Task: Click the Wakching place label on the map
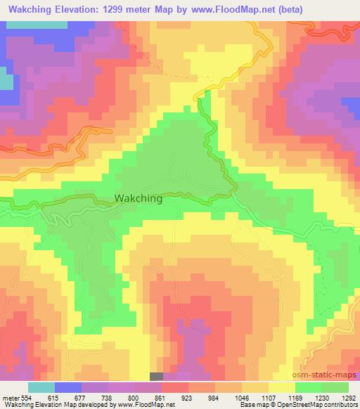coord(138,199)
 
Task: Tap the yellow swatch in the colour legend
coord(281,388)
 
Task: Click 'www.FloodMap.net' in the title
coord(242,9)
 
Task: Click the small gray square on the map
coord(156,377)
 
